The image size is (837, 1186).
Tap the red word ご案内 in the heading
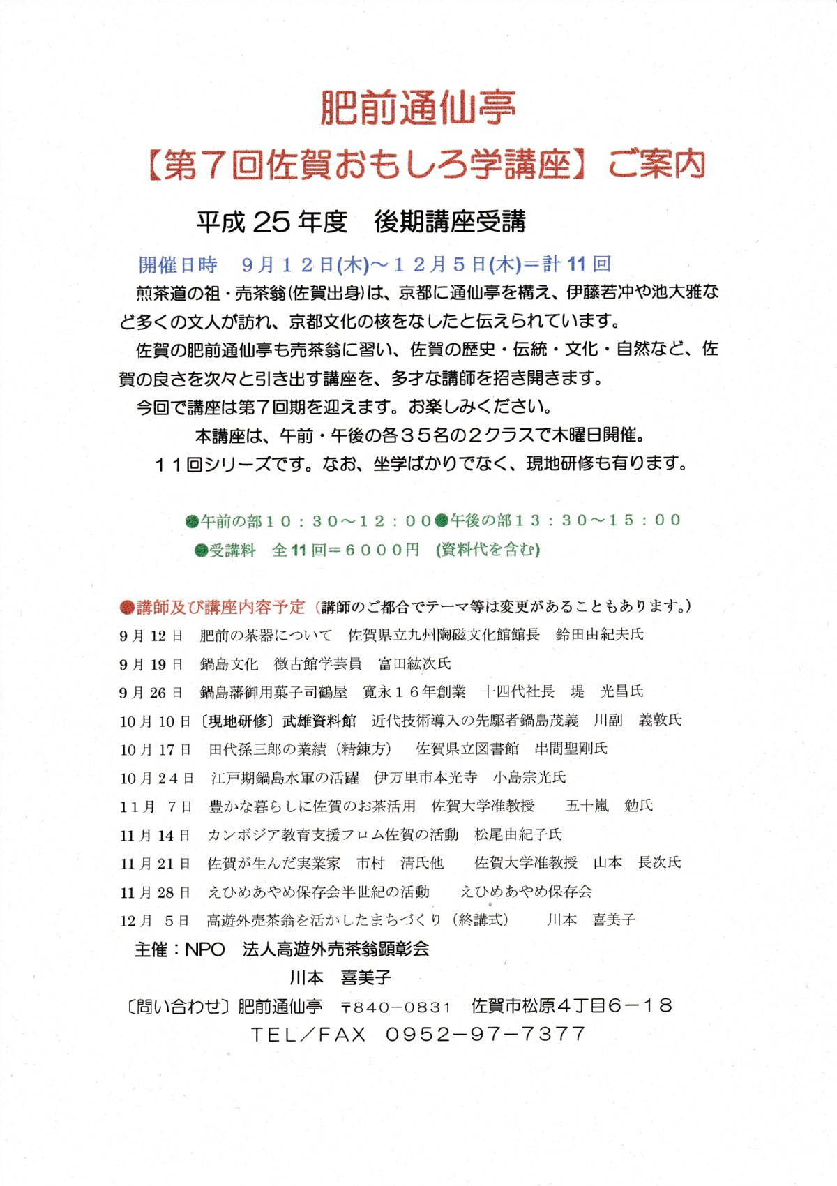pos(656,165)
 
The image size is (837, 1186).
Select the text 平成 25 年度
pos(271,222)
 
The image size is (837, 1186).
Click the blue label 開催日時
pos(178,265)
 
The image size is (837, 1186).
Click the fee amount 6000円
pos(382,550)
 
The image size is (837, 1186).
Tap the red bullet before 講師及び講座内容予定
pos(126,607)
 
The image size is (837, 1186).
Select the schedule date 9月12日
pos(151,636)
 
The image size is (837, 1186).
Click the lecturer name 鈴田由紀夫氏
pos(600,635)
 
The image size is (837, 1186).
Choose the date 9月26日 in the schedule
pos(151,693)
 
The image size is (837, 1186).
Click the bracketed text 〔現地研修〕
pos(238,721)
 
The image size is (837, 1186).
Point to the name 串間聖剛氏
pos(571,749)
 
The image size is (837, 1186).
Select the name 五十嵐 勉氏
pos(609,806)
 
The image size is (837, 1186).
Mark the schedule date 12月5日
pos(154,921)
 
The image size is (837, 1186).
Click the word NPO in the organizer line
pos(204,949)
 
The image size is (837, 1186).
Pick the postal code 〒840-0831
pos(395,1007)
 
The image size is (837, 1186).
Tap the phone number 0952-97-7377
pos(485,1034)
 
